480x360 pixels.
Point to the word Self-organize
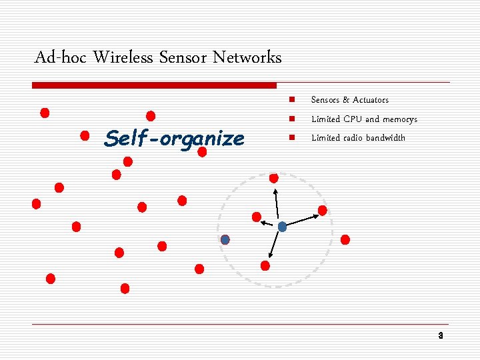(x=175, y=139)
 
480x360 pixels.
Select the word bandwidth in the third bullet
(x=384, y=138)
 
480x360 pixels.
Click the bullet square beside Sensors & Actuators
(x=291, y=100)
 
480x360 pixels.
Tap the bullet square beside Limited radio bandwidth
(x=291, y=138)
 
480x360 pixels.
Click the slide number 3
(x=440, y=335)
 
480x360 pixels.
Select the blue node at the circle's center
(x=282, y=227)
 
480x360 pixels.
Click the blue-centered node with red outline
(x=225, y=239)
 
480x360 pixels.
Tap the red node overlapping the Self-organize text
(x=202, y=152)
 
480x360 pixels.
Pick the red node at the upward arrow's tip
(x=274, y=178)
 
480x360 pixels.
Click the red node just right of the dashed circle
(x=345, y=239)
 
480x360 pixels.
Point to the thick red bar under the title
(x=154, y=85)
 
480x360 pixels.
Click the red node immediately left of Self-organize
(x=85, y=136)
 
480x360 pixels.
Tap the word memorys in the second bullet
(x=400, y=119)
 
